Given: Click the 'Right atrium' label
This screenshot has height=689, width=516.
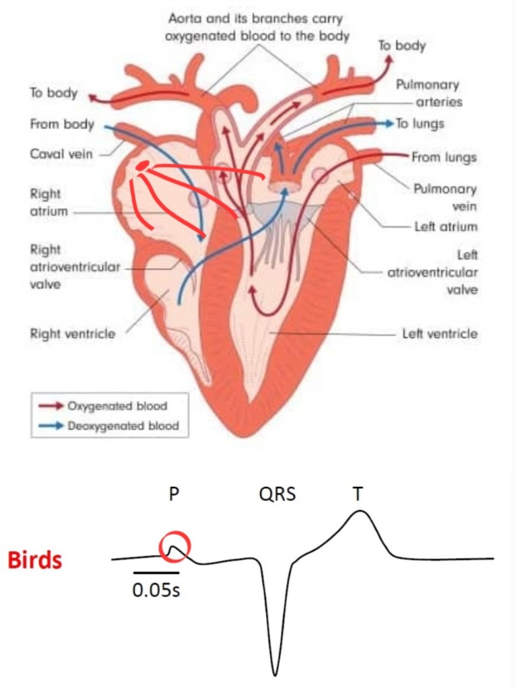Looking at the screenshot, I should [x=46, y=202].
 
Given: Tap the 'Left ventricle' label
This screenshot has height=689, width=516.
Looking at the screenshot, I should [x=440, y=333].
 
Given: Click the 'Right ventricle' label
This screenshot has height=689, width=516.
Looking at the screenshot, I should [x=72, y=333].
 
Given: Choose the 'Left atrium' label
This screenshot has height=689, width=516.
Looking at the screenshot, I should [x=446, y=227].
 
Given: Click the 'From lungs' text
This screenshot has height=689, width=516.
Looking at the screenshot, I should [x=445, y=158].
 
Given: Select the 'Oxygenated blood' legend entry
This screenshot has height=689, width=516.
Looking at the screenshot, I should [x=117, y=406].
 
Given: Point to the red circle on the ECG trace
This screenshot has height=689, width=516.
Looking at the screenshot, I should [x=175, y=547].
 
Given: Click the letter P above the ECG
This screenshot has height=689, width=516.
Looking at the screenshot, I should [x=174, y=495].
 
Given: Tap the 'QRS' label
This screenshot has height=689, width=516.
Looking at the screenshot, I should [x=277, y=495].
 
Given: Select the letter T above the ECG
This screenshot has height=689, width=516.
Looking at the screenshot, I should [x=358, y=495].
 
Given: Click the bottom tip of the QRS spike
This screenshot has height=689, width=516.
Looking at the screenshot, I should [x=276, y=674].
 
